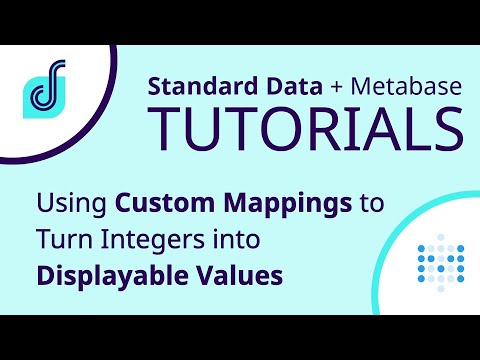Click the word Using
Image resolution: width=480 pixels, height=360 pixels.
(73, 206)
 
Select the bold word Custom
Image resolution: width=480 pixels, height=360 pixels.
(162, 206)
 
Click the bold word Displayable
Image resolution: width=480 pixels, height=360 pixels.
(101, 274)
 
